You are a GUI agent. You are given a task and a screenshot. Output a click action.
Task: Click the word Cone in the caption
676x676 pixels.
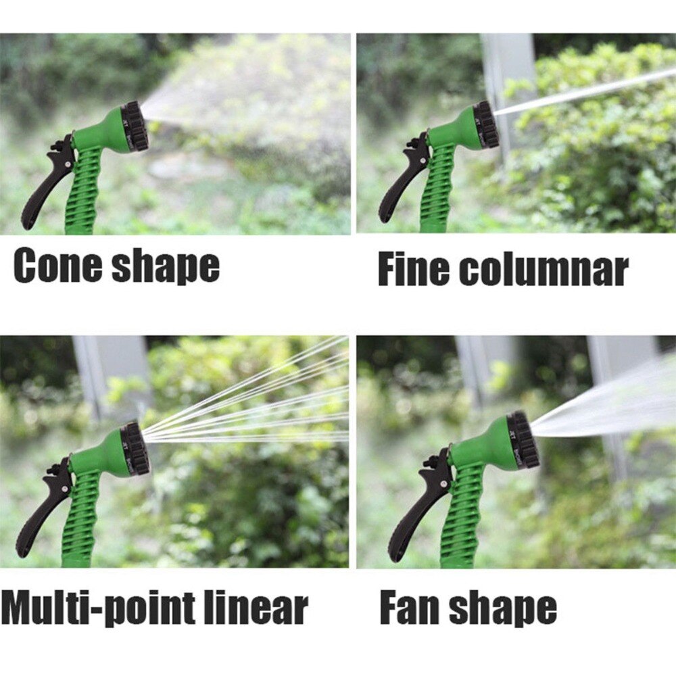[57, 265]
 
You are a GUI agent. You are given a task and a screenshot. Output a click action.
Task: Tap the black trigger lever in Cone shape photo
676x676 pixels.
[47, 184]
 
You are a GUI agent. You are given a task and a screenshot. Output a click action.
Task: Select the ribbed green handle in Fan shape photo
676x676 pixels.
[458, 517]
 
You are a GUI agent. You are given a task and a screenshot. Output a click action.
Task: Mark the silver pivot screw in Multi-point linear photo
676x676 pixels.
[64, 489]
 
